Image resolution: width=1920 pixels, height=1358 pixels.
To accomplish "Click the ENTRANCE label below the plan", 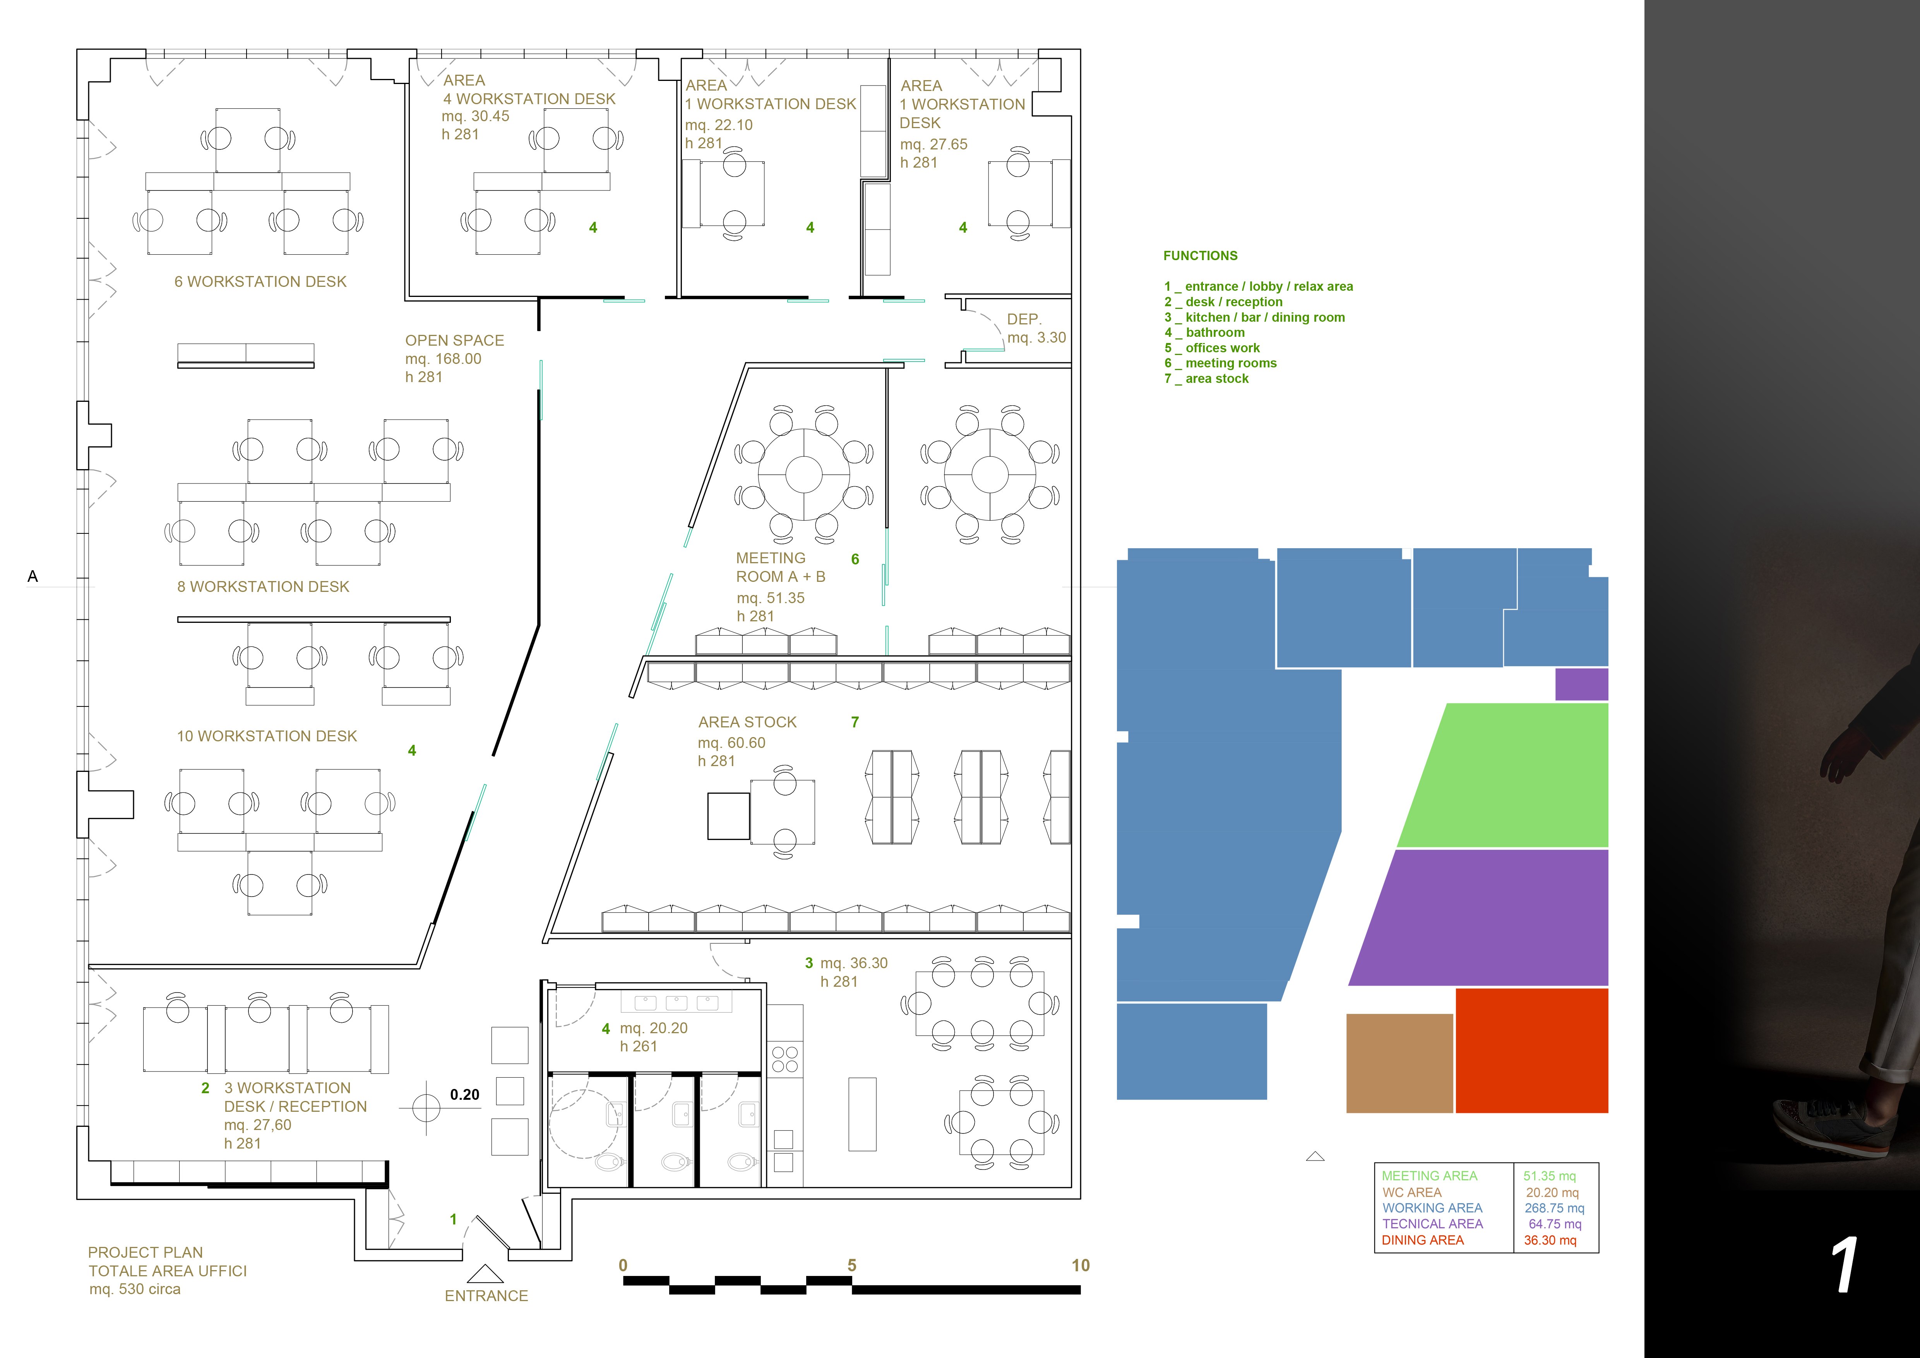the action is click(x=486, y=1296).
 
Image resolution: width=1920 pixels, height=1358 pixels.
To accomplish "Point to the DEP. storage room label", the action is click(x=1024, y=319).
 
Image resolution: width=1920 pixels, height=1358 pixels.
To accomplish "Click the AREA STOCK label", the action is click(x=747, y=722).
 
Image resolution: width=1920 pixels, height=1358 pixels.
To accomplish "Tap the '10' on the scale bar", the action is click(x=1081, y=1266).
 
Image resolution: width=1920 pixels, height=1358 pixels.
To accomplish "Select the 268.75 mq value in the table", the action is click(x=1554, y=1208).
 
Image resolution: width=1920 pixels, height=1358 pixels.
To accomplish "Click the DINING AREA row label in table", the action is click(x=1422, y=1240).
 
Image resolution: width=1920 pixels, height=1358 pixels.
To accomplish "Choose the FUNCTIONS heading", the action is click(x=1200, y=256).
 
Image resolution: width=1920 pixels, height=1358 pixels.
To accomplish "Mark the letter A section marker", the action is click(x=33, y=576).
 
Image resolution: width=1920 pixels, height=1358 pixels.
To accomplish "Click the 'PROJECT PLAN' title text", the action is click(x=146, y=1253).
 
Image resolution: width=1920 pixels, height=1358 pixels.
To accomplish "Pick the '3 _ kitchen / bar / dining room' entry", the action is click(x=1254, y=317).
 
